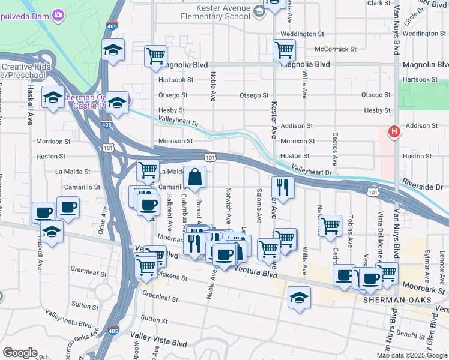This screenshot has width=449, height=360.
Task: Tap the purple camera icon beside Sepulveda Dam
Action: pyautogui.click(x=58, y=14)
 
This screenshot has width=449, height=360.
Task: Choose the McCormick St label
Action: pyautogui.click(x=336, y=49)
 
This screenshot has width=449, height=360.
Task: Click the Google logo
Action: pyautogui.click(x=20, y=353)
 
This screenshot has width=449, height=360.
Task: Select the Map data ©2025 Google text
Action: pyautogui.click(x=412, y=355)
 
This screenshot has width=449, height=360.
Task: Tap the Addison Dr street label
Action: pyautogui.click(x=422, y=125)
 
